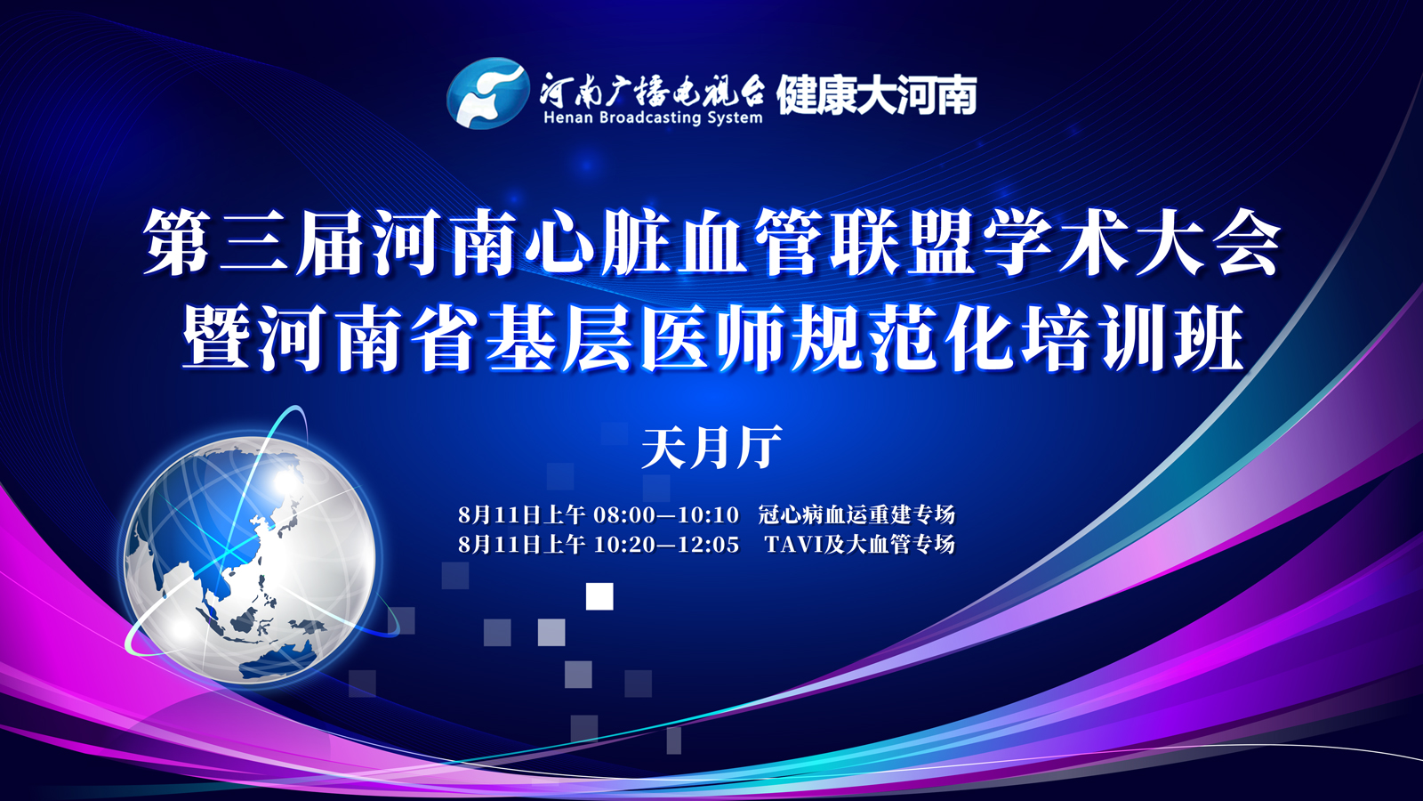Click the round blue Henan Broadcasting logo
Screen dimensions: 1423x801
tap(488, 93)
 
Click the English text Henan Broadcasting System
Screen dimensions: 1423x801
tap(653, 117)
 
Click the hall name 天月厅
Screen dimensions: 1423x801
tap(711, 448)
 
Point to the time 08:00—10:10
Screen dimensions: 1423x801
tap(666, 514)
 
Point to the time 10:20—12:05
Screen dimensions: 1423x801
tap(666, 545)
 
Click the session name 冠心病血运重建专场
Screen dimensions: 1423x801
tap(856, 514)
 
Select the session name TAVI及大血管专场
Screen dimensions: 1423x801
tap(859, 545)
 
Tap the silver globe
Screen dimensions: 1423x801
tap(250, 561)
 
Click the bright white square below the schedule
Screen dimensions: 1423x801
tap(599, 596)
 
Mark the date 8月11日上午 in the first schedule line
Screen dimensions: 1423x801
tap(521, 514)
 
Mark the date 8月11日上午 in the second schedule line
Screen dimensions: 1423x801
tap(521, 545)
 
